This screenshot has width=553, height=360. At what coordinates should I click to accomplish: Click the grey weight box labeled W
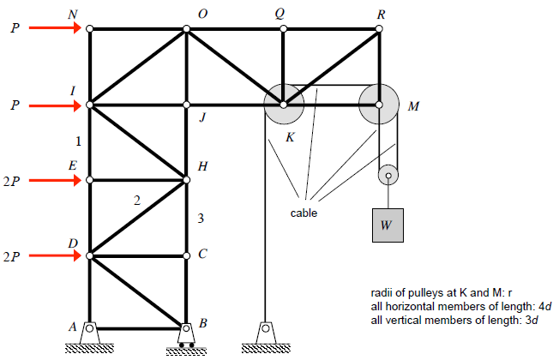387,225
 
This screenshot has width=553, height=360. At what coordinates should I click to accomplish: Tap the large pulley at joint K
284,105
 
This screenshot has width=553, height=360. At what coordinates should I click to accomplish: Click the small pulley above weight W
388,177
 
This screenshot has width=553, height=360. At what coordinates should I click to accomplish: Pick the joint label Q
280,14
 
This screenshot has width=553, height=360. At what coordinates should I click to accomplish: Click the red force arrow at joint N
56,28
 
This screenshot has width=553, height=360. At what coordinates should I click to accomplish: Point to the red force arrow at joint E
56,180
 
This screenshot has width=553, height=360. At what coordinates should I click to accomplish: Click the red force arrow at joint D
56,255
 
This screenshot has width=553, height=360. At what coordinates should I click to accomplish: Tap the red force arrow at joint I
56,105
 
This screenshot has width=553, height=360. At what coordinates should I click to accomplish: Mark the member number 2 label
136,201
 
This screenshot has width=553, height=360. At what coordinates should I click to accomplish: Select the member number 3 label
201,219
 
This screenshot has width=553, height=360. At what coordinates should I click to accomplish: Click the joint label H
202,166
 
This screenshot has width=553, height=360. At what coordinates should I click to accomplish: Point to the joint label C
202,255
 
